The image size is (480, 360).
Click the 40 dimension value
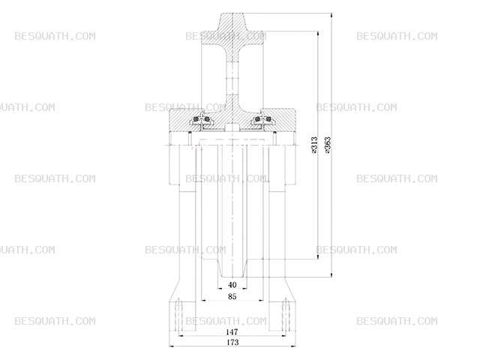tap(232, 285)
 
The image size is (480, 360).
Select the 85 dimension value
tap(232, 296)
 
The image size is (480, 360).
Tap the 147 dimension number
tap(232, 331)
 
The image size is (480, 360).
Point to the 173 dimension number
tap(232, 342)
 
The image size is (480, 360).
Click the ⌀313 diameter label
tap(314, 145)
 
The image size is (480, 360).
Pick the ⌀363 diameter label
tap(328, 145)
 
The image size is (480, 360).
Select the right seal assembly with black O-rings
tap(262, 120)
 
